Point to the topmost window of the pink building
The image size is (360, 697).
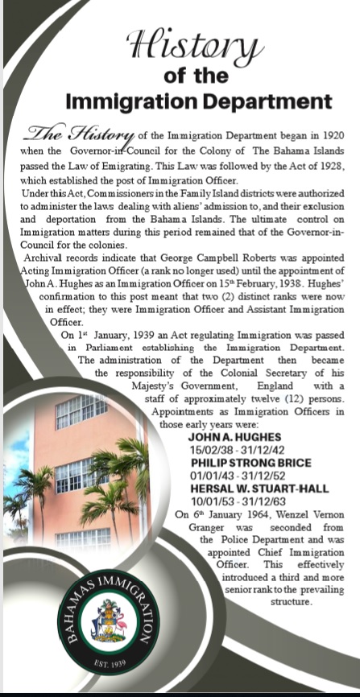point(81,410)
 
